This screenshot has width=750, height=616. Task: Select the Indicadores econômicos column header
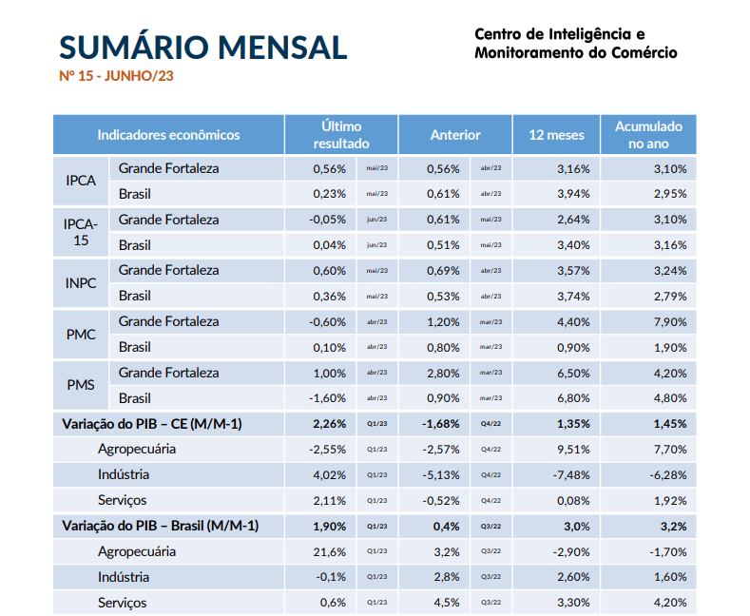168,135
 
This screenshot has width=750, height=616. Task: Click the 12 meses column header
556,135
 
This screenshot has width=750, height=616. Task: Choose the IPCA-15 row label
80,231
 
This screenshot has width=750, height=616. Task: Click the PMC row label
81,334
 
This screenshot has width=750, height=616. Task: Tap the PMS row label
81,385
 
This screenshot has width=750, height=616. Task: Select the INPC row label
81,282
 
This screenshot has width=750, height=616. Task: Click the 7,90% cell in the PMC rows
670,321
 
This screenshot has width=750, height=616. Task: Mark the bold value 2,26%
330,423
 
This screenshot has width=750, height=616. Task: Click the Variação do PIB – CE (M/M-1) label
152,423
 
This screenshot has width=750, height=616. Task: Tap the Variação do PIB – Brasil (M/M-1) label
160,526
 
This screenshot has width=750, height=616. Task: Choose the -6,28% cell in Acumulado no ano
668,474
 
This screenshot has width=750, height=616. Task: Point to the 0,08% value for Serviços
574,500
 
